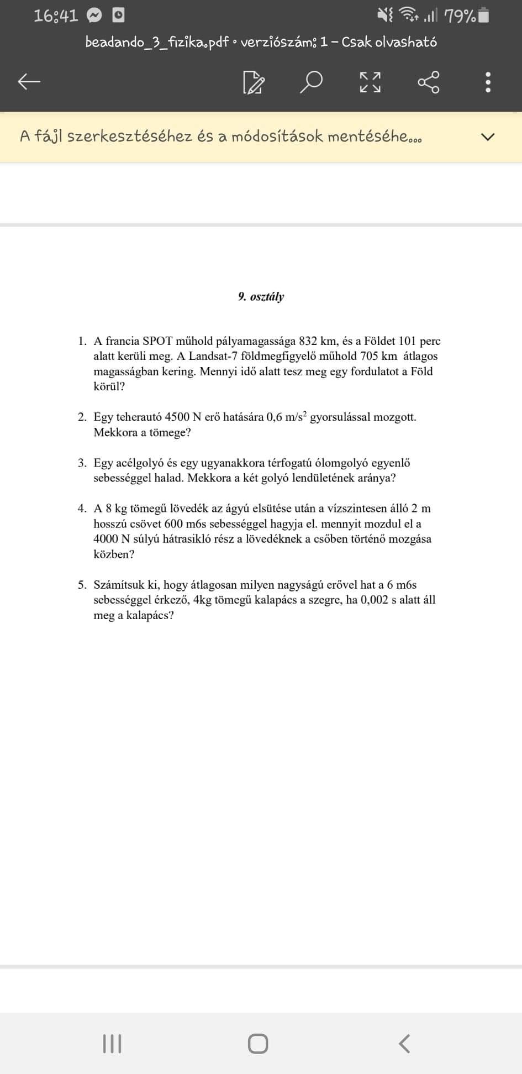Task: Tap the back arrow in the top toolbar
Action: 29,82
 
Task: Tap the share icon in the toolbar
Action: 429,82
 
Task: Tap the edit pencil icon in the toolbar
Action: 254,82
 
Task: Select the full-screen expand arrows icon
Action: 370,82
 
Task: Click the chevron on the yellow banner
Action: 487,137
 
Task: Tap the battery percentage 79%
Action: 460,17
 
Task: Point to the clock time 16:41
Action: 56,16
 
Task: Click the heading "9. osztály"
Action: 261,297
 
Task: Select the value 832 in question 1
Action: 308,341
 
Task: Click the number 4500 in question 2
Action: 177,417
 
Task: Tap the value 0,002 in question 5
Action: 374,600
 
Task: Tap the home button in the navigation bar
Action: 258,1044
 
